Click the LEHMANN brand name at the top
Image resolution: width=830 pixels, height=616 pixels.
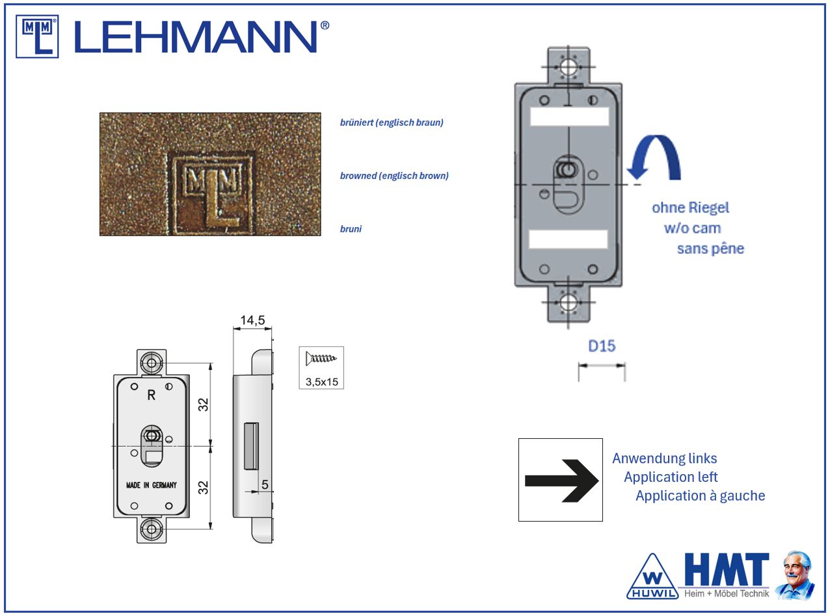(202, 36)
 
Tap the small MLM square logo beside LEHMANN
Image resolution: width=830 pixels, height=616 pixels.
(37, 36)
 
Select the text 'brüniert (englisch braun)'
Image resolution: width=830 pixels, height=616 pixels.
(392, 122)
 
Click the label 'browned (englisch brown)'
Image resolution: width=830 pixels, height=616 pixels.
(394, 176)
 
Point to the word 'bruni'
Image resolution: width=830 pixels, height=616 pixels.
(351, 229)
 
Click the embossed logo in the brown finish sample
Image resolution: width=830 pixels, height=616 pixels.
(212, 193)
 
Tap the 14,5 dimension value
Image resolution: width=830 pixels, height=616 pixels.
(252, 320)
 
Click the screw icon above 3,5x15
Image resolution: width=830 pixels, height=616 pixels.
(321, 359)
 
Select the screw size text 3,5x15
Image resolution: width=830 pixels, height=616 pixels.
(322, 382)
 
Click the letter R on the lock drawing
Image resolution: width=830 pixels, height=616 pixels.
(151, 395)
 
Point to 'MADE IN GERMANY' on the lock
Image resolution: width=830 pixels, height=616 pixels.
(151, 485)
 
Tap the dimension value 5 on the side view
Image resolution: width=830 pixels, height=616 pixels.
(265, 484)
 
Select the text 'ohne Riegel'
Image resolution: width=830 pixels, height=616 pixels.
(690, 208)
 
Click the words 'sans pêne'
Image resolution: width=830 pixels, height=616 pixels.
(710, 249)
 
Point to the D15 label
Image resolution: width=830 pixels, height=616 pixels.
(602, 346)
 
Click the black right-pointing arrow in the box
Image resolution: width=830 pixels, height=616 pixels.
(562, 481)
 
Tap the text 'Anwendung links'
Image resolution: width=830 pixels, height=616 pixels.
(665, 458)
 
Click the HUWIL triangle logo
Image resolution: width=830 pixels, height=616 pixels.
(652, 577)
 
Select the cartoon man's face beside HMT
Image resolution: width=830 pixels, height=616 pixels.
(797, 568)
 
